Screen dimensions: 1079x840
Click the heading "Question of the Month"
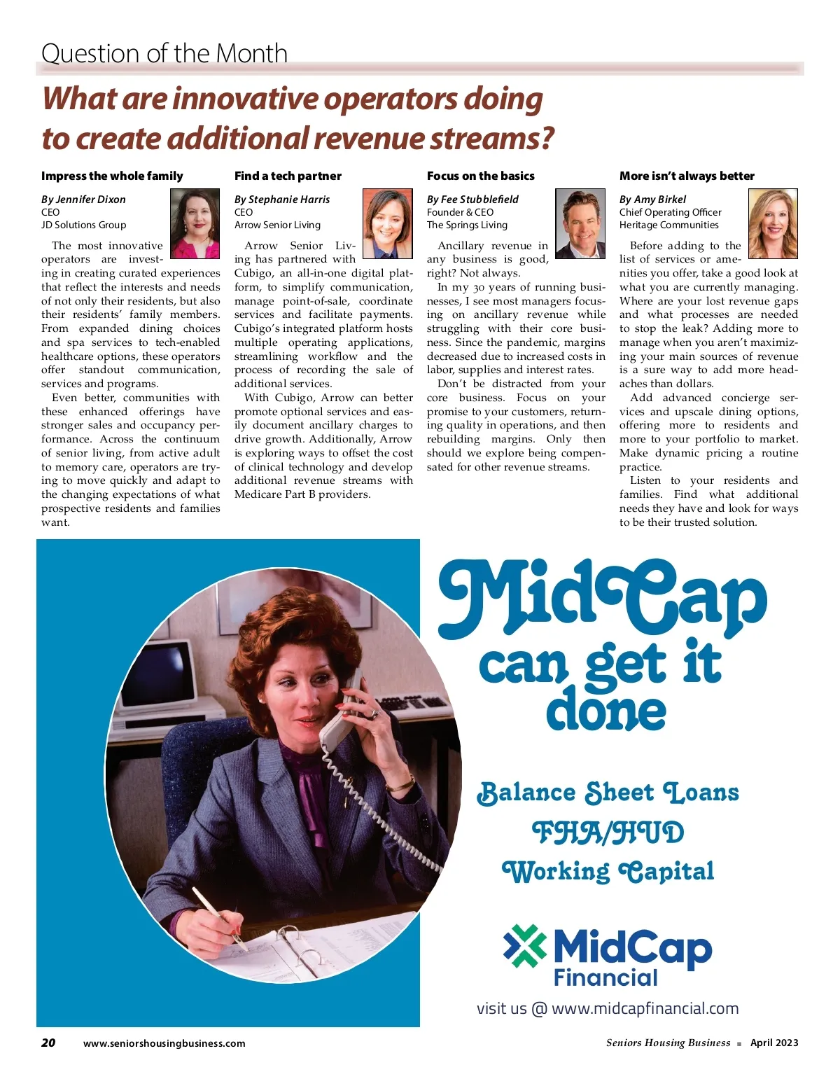(164, 53)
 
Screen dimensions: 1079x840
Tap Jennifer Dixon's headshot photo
(195, 223)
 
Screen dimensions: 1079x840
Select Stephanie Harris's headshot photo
(388, 223)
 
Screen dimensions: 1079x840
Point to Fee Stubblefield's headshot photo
(580, 223)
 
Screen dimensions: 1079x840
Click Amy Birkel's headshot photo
(773, 223)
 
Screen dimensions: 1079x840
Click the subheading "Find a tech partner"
(288, 176)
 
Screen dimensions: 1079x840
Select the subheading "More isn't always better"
(687, 176)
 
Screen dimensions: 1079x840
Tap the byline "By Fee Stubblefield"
(472, 199)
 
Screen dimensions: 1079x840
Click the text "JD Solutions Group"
(83, 225)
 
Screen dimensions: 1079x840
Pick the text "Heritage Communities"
(668, 225)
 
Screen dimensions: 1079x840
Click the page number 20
(48, 1043)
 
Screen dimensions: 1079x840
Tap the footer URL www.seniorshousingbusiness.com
(164, 1043)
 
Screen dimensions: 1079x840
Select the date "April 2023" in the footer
(773, 1043)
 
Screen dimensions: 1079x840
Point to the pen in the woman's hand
(218, 917)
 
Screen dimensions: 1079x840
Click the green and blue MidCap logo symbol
(524, 946)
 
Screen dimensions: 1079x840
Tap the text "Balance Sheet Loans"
(608, 793)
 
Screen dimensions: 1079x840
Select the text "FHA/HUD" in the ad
(608, 833)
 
